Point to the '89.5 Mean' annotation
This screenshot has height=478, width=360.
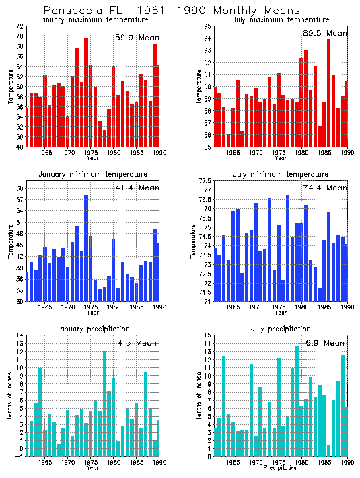(326, 33)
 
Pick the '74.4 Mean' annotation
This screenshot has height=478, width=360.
(326, 188)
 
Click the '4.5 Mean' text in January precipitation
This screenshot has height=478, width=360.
(137, 343)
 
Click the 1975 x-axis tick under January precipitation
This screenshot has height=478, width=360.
(91, 463)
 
